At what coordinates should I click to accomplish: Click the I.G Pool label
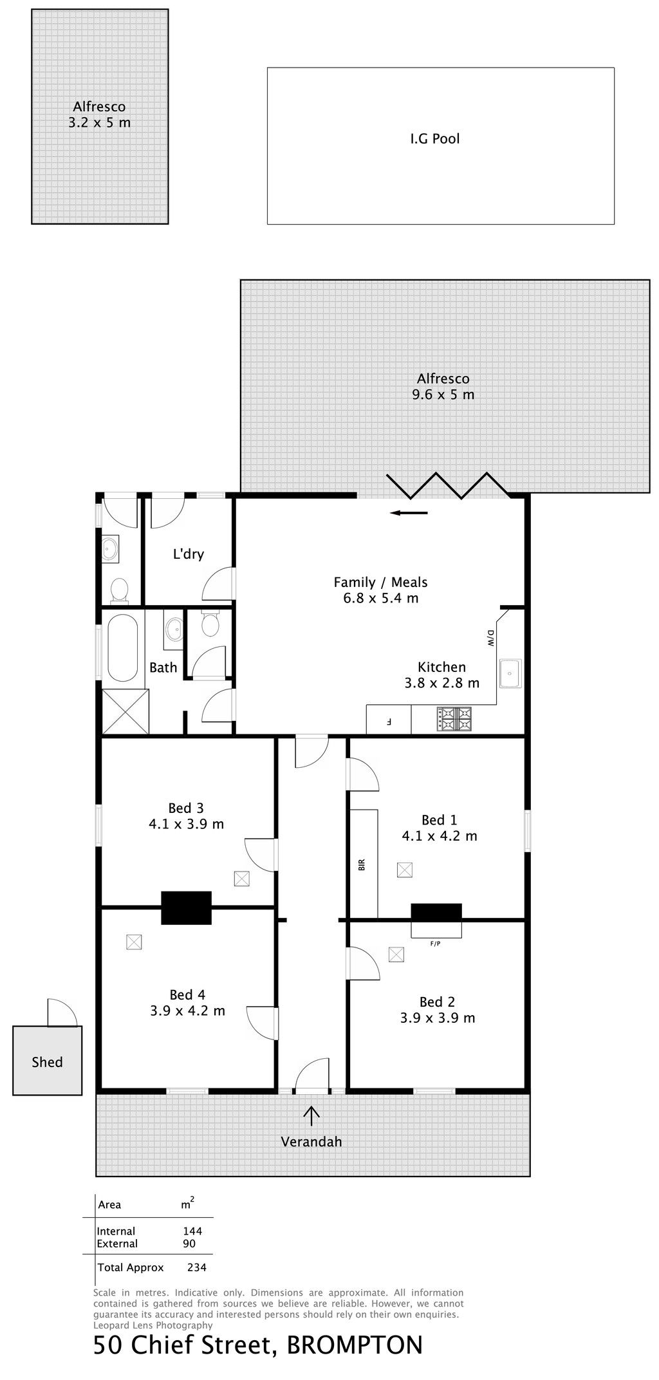point(435,138)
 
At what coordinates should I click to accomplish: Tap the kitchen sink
point(510,673)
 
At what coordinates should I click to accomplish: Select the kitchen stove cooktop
point(454,719)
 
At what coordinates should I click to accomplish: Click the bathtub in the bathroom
point(122,648)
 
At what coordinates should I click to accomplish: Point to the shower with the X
point(125,711)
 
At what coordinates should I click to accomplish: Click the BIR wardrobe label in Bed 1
point(362,865)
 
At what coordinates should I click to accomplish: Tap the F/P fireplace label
point(436,944)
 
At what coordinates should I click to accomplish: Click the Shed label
point(48,1062)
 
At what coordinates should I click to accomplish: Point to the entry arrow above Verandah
point(312,1115)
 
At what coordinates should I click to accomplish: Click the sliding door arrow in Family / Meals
point(409,513)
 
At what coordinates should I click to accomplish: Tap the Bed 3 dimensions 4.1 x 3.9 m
point(187,824)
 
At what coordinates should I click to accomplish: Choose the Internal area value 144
point(192,1231)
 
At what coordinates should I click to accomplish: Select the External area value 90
point(189,1244)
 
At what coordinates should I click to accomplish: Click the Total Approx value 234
point(196,1267)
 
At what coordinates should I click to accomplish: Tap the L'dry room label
point(189,554)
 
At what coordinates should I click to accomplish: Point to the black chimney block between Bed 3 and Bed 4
point(186,908)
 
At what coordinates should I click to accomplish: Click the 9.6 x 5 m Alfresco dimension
point(443,395)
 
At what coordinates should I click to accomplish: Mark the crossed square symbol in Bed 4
point(134,942)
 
